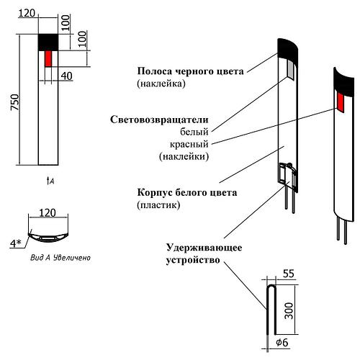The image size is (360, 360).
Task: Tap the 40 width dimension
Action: click(x=66, y=76)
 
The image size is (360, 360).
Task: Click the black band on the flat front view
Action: click(x=49, y=42)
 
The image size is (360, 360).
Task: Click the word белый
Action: click(x=194, y=131)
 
